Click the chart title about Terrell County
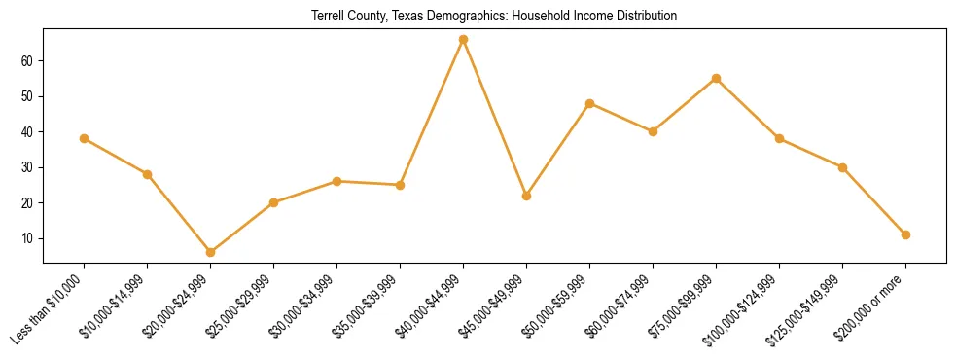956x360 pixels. pyautogui.click(x=494, y=17)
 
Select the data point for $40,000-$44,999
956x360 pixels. pyautogui.click(x=463, y=39)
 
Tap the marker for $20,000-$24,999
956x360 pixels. pyautogui.click(x=210, y=252)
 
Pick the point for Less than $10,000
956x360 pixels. pyautogui.click(x=84, y=138)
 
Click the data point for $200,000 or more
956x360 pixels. pyautogui.click(x=905, y=234)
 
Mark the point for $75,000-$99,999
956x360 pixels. pyautogui.click(x=716, y=78)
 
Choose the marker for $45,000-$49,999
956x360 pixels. pyautogui.click(x=526, y=196)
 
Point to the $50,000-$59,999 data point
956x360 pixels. pyautogui.click(x=589, y=103)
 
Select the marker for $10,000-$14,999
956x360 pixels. pyautogui.click(x=147, y=174)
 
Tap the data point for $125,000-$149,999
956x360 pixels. pyautogui.click(x=842, y=167)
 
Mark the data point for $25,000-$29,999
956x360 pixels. pyautogui.click(x=273, y=202)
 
